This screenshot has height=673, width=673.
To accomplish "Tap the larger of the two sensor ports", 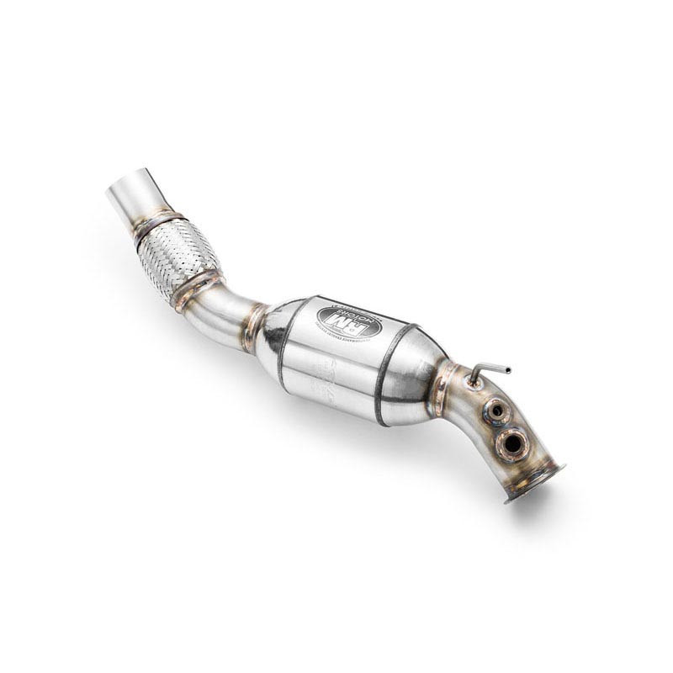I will click(x=510, y=442).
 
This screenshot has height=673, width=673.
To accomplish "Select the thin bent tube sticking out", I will click(x=488, y=370).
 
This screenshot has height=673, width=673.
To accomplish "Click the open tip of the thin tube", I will click(x=507, y=370).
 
